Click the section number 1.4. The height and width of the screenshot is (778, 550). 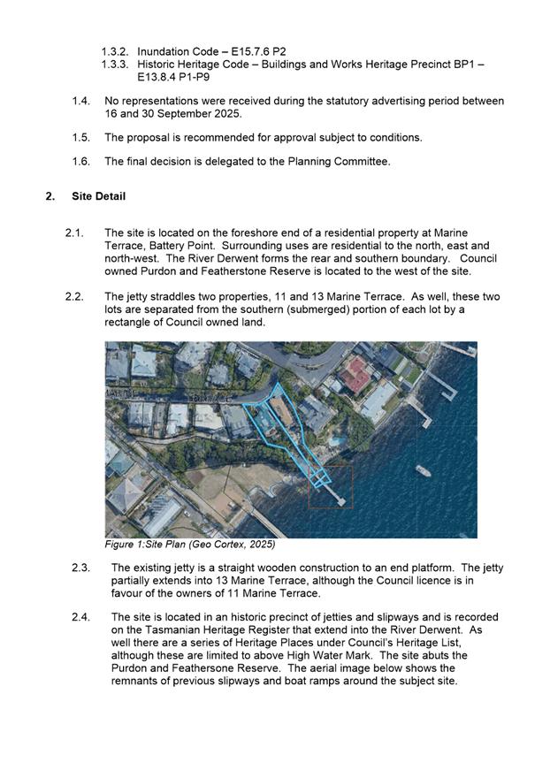(80, 101)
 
